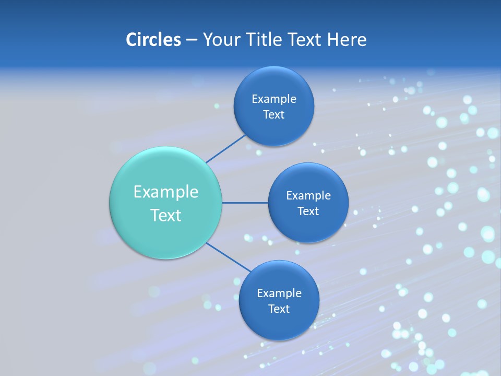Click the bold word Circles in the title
(x=153, y=40)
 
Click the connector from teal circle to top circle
(x=226, y=149)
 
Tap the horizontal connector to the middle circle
(x=245, y=203)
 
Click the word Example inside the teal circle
(x=166, y=192)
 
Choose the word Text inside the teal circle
(x=166, y=215)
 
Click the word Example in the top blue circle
(x=274, y=99)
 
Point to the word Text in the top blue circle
(x=274, y=115)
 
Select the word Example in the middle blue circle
(x=308, y=196)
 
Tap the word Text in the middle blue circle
(x=308, y=211)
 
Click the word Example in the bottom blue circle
(x=279, y=293)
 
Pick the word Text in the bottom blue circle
(x=279, y=309)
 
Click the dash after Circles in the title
(x=192, y=40)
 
